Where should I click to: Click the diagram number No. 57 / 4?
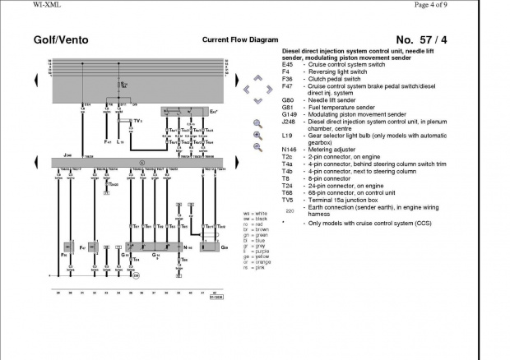pos(422,39)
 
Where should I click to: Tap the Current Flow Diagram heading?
pos(235,39)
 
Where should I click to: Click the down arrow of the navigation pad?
pos(257,101)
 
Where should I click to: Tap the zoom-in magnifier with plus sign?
pos(257,135)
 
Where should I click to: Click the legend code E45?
pos(288,64)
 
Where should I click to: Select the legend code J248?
pos(290,121)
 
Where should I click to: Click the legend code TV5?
pos(288,198)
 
